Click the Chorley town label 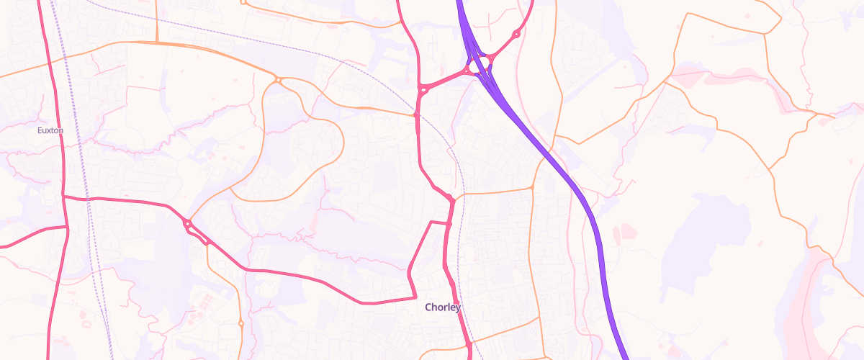coord(442,307)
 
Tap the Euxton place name coord(50,130)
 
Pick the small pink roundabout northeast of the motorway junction coord(516,35)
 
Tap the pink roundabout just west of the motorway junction coord(423,90)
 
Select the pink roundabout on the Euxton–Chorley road coord(188,225)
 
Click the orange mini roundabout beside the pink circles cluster coord(240,323)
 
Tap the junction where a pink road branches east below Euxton coord(63,196)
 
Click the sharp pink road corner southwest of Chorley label coord(415,297)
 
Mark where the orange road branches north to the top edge coord(157,42)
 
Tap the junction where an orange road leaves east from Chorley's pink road coord(455,195)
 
